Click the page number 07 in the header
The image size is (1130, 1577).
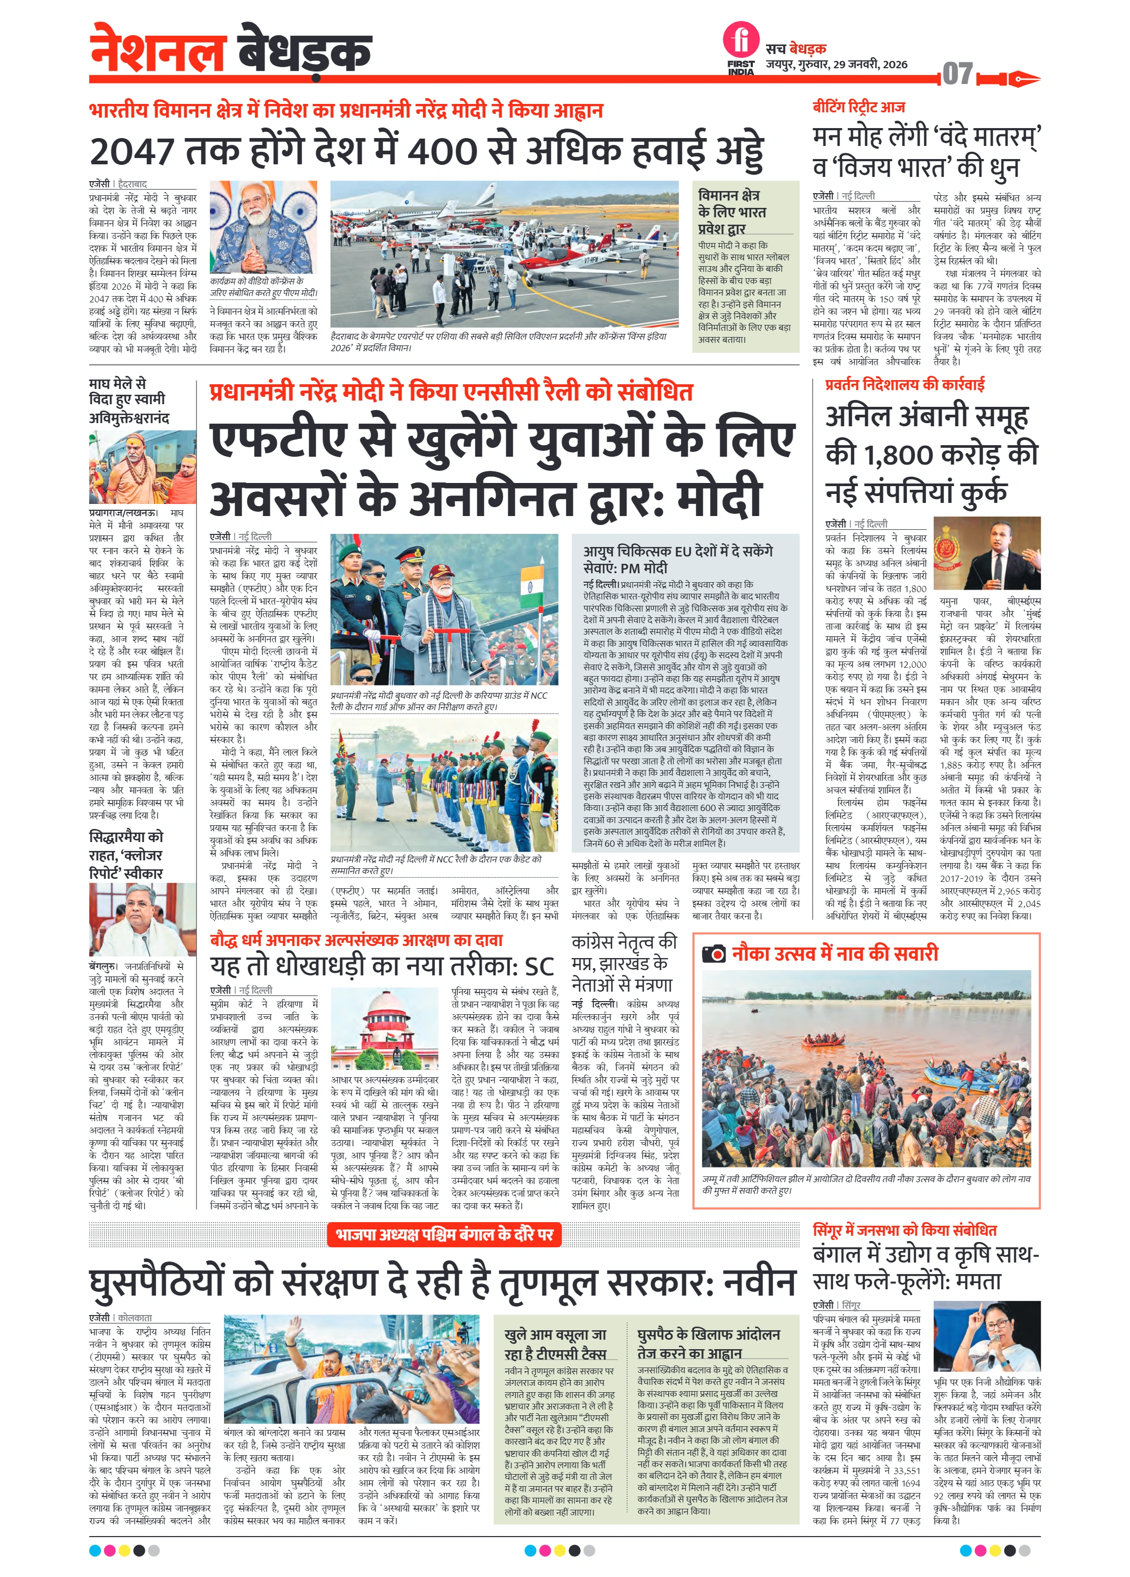(x=957, y=73)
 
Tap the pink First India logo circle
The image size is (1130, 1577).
(x=741, y=39)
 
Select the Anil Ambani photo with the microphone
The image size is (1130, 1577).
(x=987, y=553)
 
